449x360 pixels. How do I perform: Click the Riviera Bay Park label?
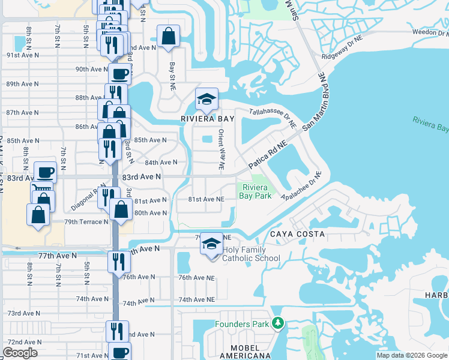[256, 191]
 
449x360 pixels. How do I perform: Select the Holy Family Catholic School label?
[251, 254]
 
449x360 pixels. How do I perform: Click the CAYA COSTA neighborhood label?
[297, 234]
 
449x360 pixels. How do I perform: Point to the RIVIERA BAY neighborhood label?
[208, 119]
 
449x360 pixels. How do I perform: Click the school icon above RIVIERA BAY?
[206, 100]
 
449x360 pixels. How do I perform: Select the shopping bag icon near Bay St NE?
[168, 35]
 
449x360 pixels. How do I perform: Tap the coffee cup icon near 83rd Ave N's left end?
[46, 173]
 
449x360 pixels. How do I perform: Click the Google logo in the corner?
[20, 353]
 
